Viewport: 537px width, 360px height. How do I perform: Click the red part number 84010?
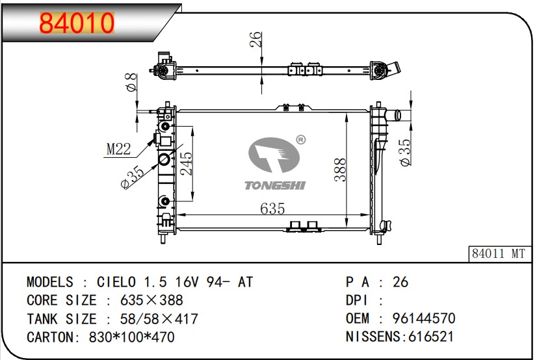click(77, 23)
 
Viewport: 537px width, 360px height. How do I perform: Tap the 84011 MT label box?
click(498, 253)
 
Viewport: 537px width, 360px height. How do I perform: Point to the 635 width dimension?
click(272, 209)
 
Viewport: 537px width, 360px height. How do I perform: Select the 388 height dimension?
click(341, 170)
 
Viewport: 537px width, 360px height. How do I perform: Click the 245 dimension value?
click(187, 164)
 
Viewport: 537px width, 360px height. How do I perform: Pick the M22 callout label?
click(118, 149)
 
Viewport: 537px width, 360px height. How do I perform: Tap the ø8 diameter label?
click(131, 83)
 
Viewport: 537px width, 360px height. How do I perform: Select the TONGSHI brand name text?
click(274, 185)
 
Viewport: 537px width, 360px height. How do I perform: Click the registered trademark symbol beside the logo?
click(300, 140)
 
